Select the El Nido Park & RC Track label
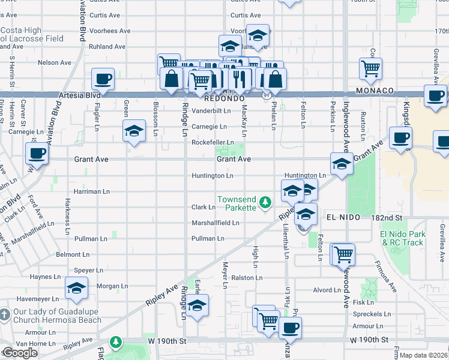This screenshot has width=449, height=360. [x=402, y=238]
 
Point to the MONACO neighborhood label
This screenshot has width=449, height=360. [x=374, y=91]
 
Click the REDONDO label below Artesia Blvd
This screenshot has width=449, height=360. [x=224, y=97]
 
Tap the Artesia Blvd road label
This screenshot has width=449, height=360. [x=80, y=95]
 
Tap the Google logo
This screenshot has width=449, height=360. [x=19, y=353]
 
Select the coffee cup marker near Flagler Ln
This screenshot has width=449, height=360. [x=103, y=79]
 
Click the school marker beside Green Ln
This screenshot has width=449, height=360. [x=134, y=130]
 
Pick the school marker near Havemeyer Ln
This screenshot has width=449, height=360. [x=77, y=289]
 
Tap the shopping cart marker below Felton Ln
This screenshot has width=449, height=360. [x=343, y=254]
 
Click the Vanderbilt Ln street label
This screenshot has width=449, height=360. [x=211, y=110]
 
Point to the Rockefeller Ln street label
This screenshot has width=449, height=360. [x=212, y=142]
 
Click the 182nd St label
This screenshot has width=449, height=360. [x=390, y=217]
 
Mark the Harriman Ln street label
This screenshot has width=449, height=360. [x=91, y=191]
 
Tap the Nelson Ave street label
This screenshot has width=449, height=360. [x=54, y=62]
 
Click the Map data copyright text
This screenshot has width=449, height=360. [x=424, y=355]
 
